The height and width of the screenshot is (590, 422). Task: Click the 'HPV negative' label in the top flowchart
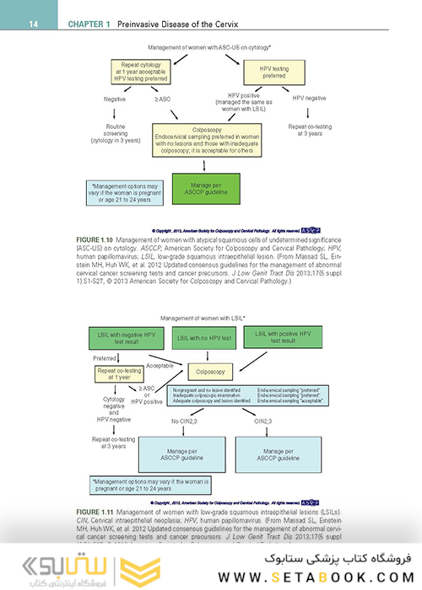click(311, 99)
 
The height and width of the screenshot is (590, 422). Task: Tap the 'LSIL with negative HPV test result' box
click(118, 340)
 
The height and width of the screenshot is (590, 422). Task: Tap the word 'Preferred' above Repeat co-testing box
click(105, 357)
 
